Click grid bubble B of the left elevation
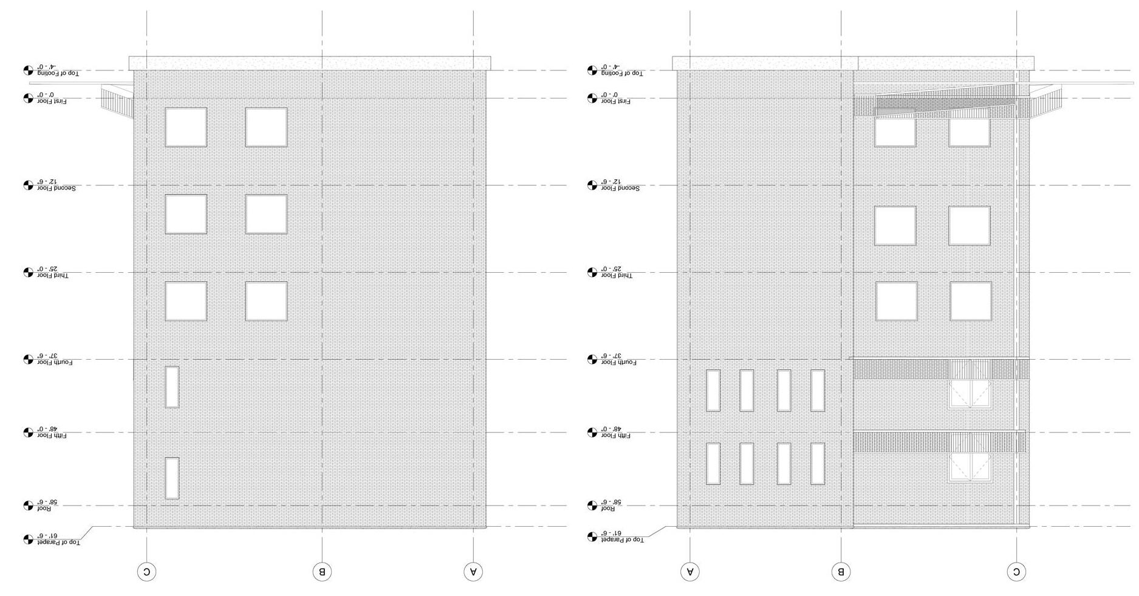tap(322, 572)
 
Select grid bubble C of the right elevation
tap(1017, 572)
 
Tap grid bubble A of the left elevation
tap(473, 572)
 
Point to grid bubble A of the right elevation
tap(689, 572)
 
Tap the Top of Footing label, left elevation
tap(58, 74)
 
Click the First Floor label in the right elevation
tap(616, 101)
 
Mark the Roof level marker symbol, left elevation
tap(28, 505)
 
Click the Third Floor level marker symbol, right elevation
tap(592, 272)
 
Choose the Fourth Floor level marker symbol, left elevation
tap(28, 359)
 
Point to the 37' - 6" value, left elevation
tap(47, 355)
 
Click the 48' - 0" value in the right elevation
tap(611, 430)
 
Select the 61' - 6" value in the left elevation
tap(47, 536)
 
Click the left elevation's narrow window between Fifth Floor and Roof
tap(172, 478)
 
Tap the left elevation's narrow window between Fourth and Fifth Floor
tap(172, 386)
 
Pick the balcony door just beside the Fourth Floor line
tap(970, 394)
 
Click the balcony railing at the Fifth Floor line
tap(939, 442)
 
